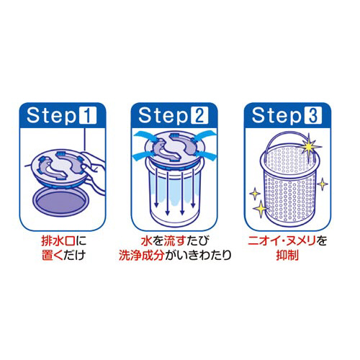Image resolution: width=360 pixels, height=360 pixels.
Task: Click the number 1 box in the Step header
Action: pos(88,115)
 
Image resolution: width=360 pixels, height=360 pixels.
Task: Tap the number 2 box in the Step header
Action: pos(199,115)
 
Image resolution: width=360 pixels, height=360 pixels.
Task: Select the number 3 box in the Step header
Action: pos(312,115)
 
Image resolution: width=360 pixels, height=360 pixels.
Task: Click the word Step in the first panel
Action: pos(52,116)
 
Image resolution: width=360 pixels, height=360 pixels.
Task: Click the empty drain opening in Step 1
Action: pos(61,203)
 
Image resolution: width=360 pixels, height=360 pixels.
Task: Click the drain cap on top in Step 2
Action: pos(174,149)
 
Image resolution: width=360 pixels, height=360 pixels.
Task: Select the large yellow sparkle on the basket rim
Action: pos(310,145)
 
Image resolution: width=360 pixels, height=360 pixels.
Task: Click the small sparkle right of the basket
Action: pos(323,184)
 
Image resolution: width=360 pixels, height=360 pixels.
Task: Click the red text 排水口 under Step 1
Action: pos(58,240)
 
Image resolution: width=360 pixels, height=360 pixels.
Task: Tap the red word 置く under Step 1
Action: pos(53,255)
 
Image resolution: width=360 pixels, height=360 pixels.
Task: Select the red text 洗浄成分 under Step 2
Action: pos(141,256)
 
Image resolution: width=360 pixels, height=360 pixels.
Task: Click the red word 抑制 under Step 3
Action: pos(287,255)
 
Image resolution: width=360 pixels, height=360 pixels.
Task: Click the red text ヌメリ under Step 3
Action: pos(301,240)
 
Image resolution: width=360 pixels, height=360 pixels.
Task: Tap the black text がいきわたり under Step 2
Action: pos(197,256)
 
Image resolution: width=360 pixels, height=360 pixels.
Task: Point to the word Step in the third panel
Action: pos(276,116)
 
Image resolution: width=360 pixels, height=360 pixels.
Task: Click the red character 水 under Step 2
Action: pos(147,241)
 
